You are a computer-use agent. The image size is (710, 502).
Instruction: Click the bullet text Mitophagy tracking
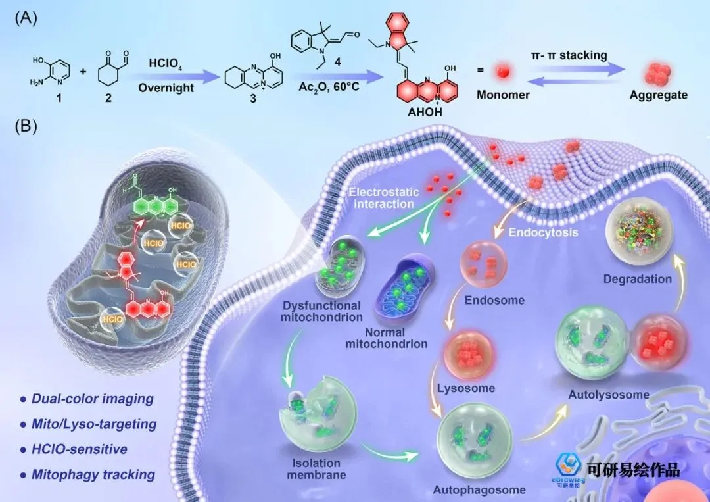93,474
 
